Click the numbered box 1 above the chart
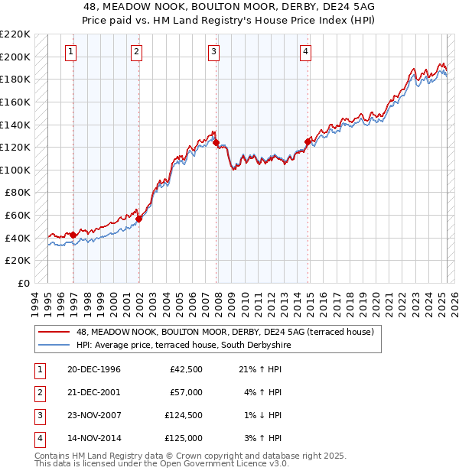coord(70,52)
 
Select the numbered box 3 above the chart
coord(213,52)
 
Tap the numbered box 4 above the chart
coord(305,52)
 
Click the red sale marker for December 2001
coord(139,219)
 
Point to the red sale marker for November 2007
coord(216,142)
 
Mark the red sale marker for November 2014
coord(308,141)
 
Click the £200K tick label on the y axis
coord(15,57)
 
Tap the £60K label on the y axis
coord(18,216)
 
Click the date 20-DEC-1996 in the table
coord(94,369)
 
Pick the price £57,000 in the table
coord(186,392)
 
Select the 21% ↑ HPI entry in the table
coord(261,369)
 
